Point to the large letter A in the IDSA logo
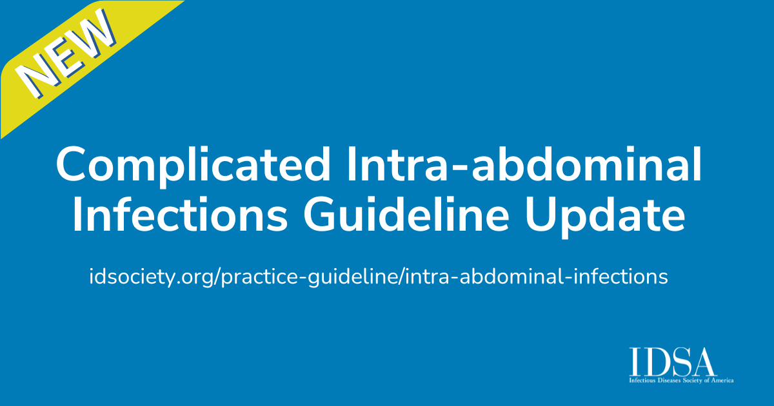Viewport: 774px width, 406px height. pos(704,363)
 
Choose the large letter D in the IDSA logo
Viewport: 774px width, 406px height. pos(657,363)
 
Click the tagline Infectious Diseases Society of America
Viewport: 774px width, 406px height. pos(681,381)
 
